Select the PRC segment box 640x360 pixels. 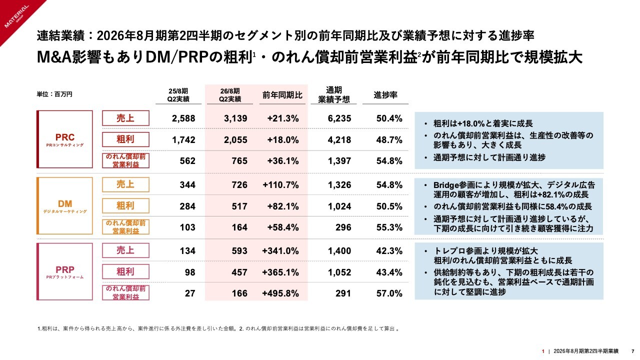tap(64, 139)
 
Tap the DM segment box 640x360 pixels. tap(64, 205)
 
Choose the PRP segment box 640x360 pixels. tap(64, 272)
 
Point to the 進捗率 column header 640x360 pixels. tap(385, 95)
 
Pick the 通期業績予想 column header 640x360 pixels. tap(333, 94)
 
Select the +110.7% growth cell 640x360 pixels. tap(280, 185)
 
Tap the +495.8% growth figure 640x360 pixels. tap(280, 293)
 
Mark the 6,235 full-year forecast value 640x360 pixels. tap(339, 118)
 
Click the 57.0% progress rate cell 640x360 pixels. tap(389, 293)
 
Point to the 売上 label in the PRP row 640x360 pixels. tap(125, 250)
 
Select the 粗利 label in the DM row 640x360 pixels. tap(125, 205)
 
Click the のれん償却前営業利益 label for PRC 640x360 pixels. tap(125, 160)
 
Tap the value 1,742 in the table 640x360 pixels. tap(183, 140)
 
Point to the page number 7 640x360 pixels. tap(633, 351)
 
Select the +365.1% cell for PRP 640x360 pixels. tap(280, 272)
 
